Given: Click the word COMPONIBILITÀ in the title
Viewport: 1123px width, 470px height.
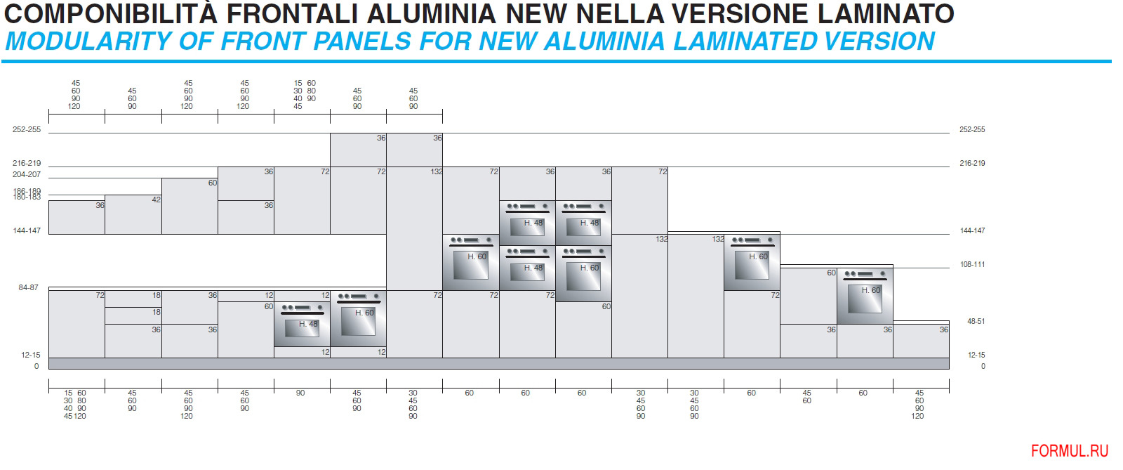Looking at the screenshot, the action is tap(111, 13).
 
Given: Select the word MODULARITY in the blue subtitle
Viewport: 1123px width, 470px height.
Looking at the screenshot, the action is tap(88, 41).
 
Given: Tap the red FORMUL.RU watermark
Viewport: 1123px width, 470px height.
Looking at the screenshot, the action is tap(1070, 451).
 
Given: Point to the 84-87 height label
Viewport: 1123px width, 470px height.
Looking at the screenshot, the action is tap(28, 287).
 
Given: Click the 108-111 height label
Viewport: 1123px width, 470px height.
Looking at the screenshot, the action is tap(972, 264).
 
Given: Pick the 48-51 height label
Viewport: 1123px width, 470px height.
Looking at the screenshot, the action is tap(976, 321).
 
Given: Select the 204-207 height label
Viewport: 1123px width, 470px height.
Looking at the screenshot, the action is tap(27, 174).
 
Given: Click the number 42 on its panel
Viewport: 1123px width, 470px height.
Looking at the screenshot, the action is tap(156, 200).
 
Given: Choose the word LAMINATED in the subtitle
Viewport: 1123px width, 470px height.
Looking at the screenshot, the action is tap(745, 41).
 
